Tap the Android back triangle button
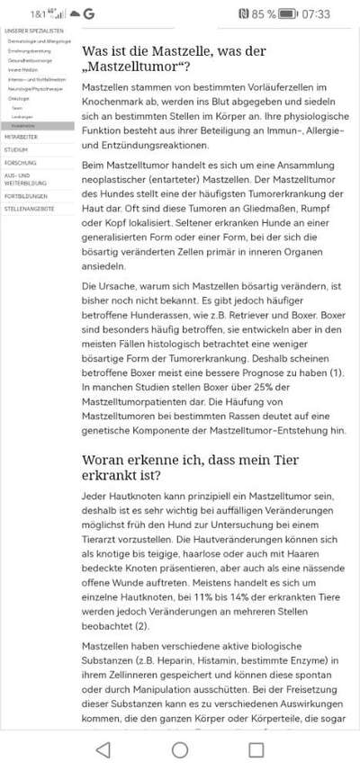click(x=103, y=749)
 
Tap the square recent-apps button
click(x=256, y=749)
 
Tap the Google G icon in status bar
click(x=89, y=14)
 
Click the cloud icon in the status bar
click(x=74, y=14)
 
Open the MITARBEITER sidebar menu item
click(x=21, y=137)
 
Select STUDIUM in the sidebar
click(x=15, y=149)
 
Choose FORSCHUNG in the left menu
click(x=20, y=162)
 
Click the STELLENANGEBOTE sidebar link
click(x=29, y=208)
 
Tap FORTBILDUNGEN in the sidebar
click(x=26, y=194)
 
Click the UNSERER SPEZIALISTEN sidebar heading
click(x=34, y=31)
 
